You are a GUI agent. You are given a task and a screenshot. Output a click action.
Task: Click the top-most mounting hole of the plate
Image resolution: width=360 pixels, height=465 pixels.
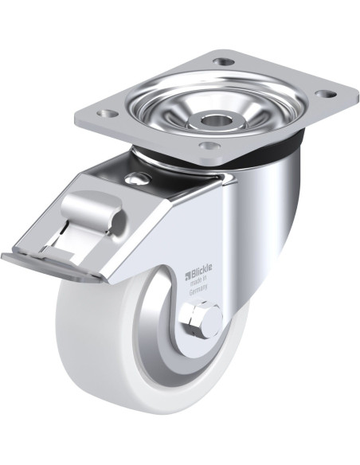click(224, 62)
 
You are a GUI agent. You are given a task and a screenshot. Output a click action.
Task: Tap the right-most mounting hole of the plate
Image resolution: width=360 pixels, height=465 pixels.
click(326, 94)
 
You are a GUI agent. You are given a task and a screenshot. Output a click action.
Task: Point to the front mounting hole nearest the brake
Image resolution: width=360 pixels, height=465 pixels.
click(209, 145)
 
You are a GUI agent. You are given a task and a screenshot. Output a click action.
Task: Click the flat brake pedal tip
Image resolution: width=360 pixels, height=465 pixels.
click(50, 265)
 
